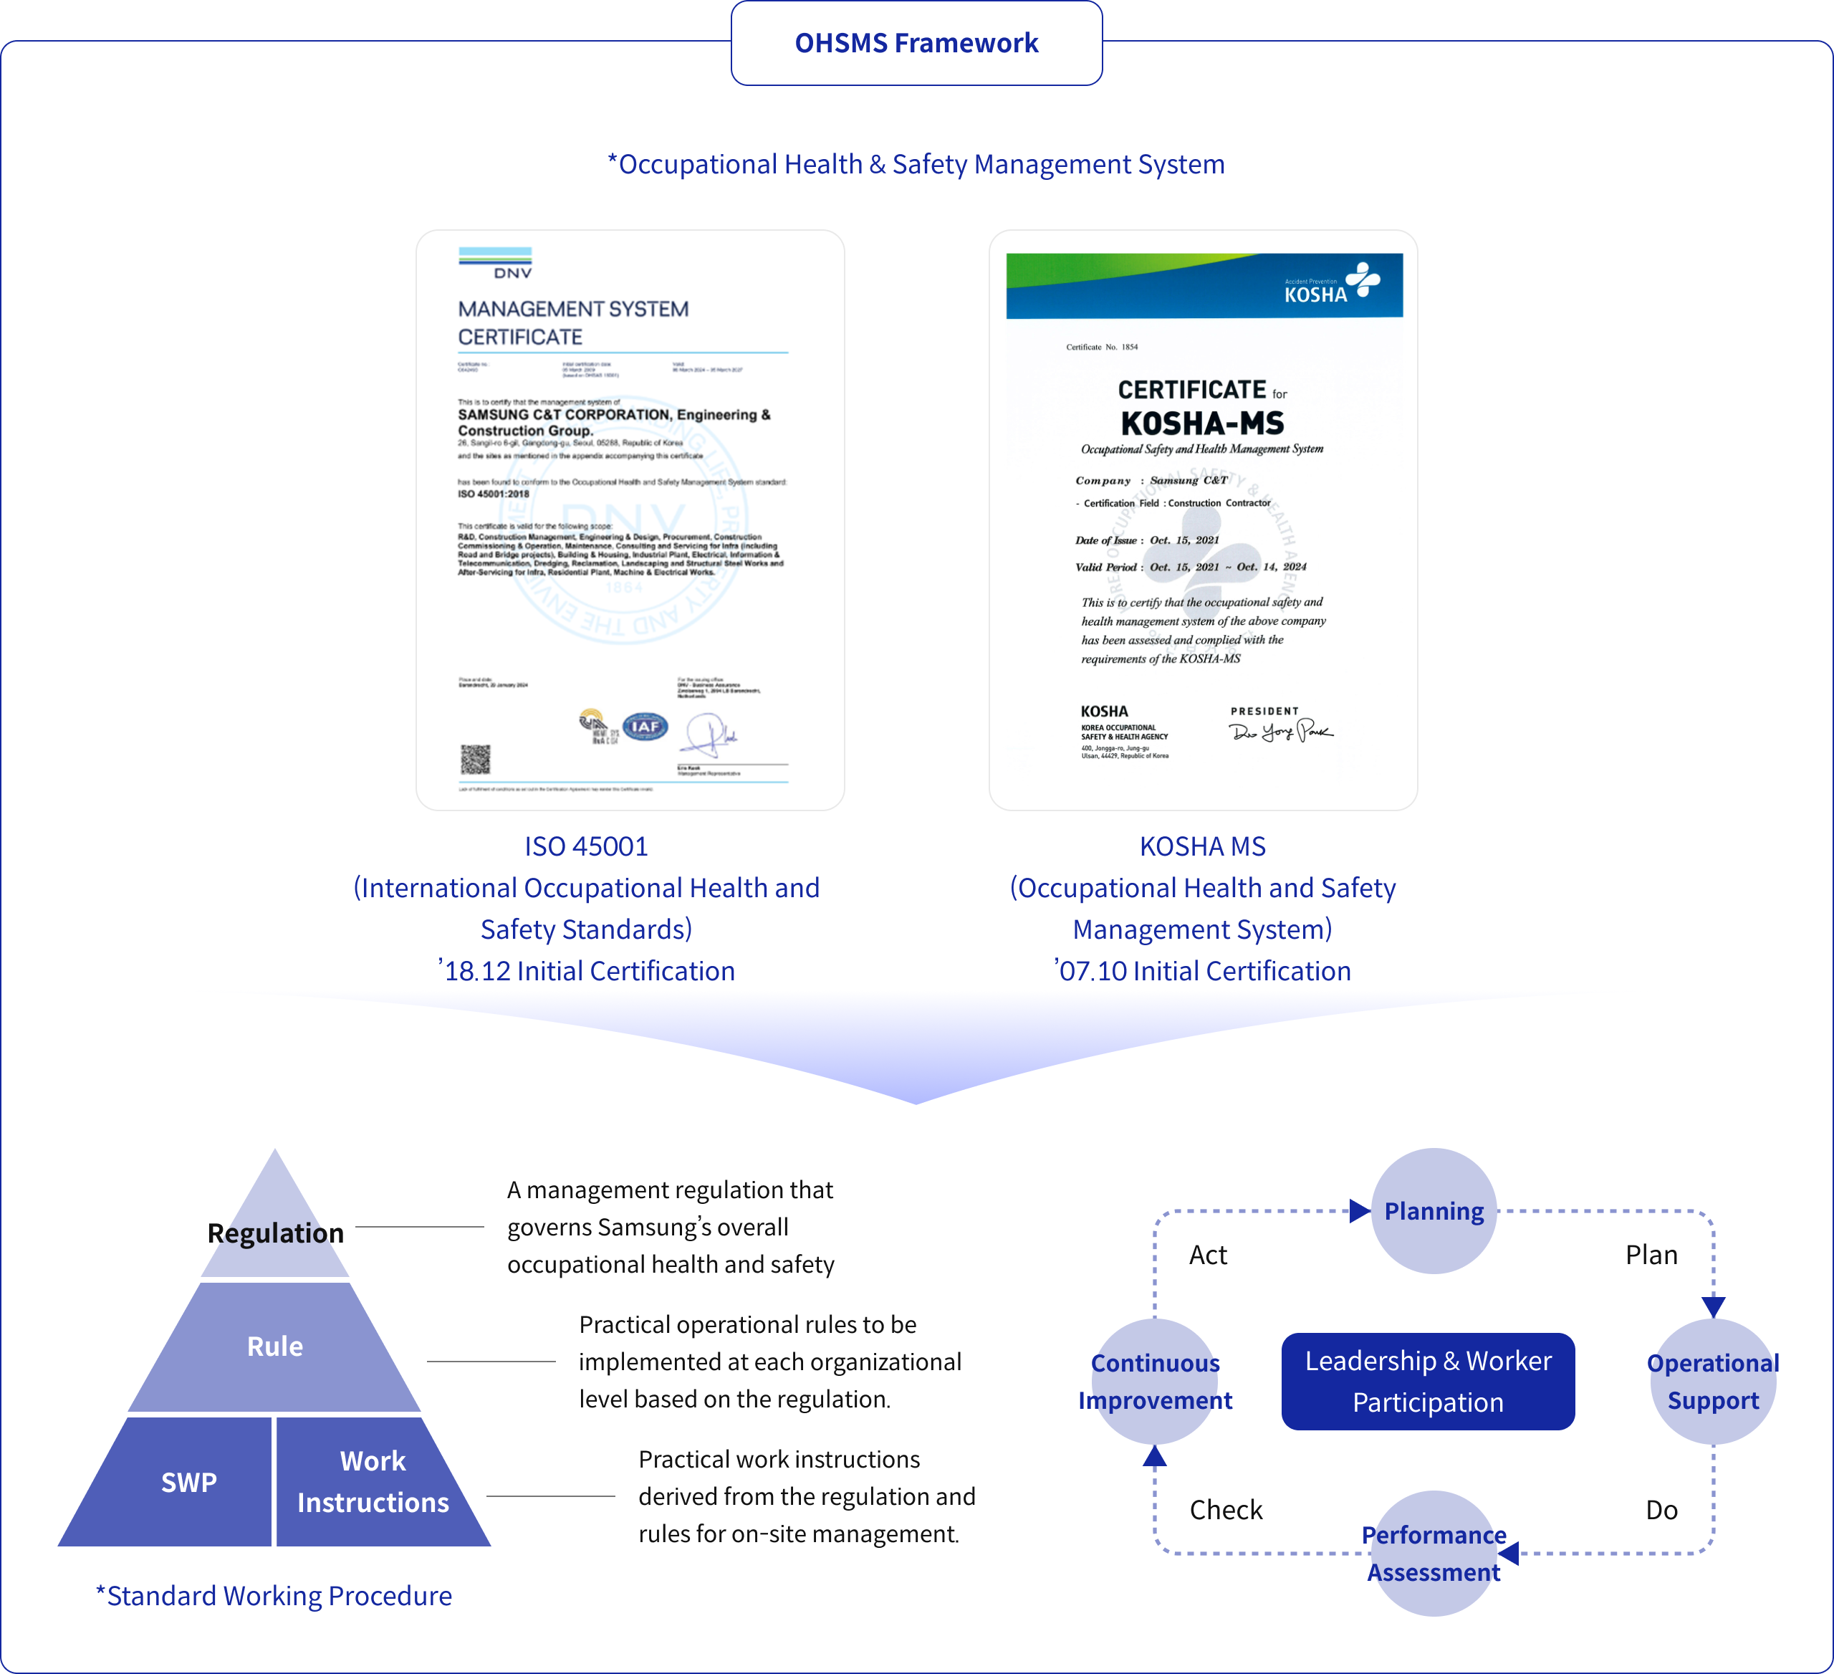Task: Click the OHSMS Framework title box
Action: [x=916, y=43]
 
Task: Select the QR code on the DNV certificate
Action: [x=475, y=759]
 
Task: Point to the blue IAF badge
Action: [x=645, y=726]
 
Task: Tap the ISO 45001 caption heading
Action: [x=586, y=846]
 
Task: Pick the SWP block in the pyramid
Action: [x=188, y=1482]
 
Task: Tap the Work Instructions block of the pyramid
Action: [x=373, y=1481]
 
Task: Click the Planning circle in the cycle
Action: [x=1433, y=1211]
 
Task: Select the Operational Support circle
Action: [x=1712, y=1381]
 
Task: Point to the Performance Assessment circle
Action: [x=1433, y=1553]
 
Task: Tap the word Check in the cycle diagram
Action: [x=1225, y=1510]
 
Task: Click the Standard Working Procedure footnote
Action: [x=274, y=1596]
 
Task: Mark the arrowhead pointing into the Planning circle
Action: [x=1359, y=1211]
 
